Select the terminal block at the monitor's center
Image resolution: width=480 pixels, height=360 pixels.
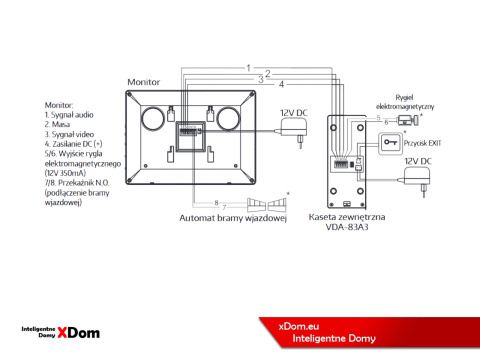coord(188,130)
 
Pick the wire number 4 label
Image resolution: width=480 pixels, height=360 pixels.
coord(281,83)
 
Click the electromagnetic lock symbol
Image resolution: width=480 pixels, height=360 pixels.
coord(406,120)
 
